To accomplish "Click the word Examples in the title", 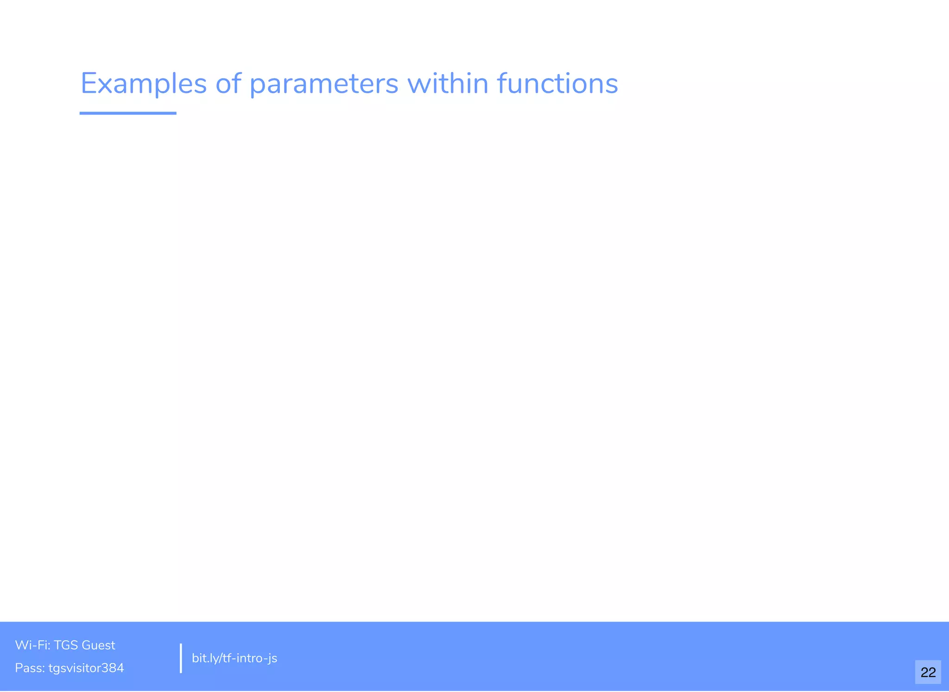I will coord(144,84).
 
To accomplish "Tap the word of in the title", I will coord(228,84).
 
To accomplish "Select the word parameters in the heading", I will coord(323,84).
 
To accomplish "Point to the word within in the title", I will coord(448,84).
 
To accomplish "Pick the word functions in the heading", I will coord(557,84).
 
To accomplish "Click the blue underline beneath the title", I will coord(128,113).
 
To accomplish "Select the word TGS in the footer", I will coord(65,645).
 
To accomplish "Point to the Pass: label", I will coord(30,668).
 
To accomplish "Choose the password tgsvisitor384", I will coord(86,668).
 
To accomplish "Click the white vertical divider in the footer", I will coord(181,658).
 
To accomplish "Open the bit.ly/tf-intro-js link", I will coord(234,658).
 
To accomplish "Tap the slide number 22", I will coord(928,672).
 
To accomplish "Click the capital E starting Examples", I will coord(89,84).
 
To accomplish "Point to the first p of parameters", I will coord(257,86).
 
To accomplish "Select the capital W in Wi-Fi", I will coord(21,645).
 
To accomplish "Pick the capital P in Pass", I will coord(19,668).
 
